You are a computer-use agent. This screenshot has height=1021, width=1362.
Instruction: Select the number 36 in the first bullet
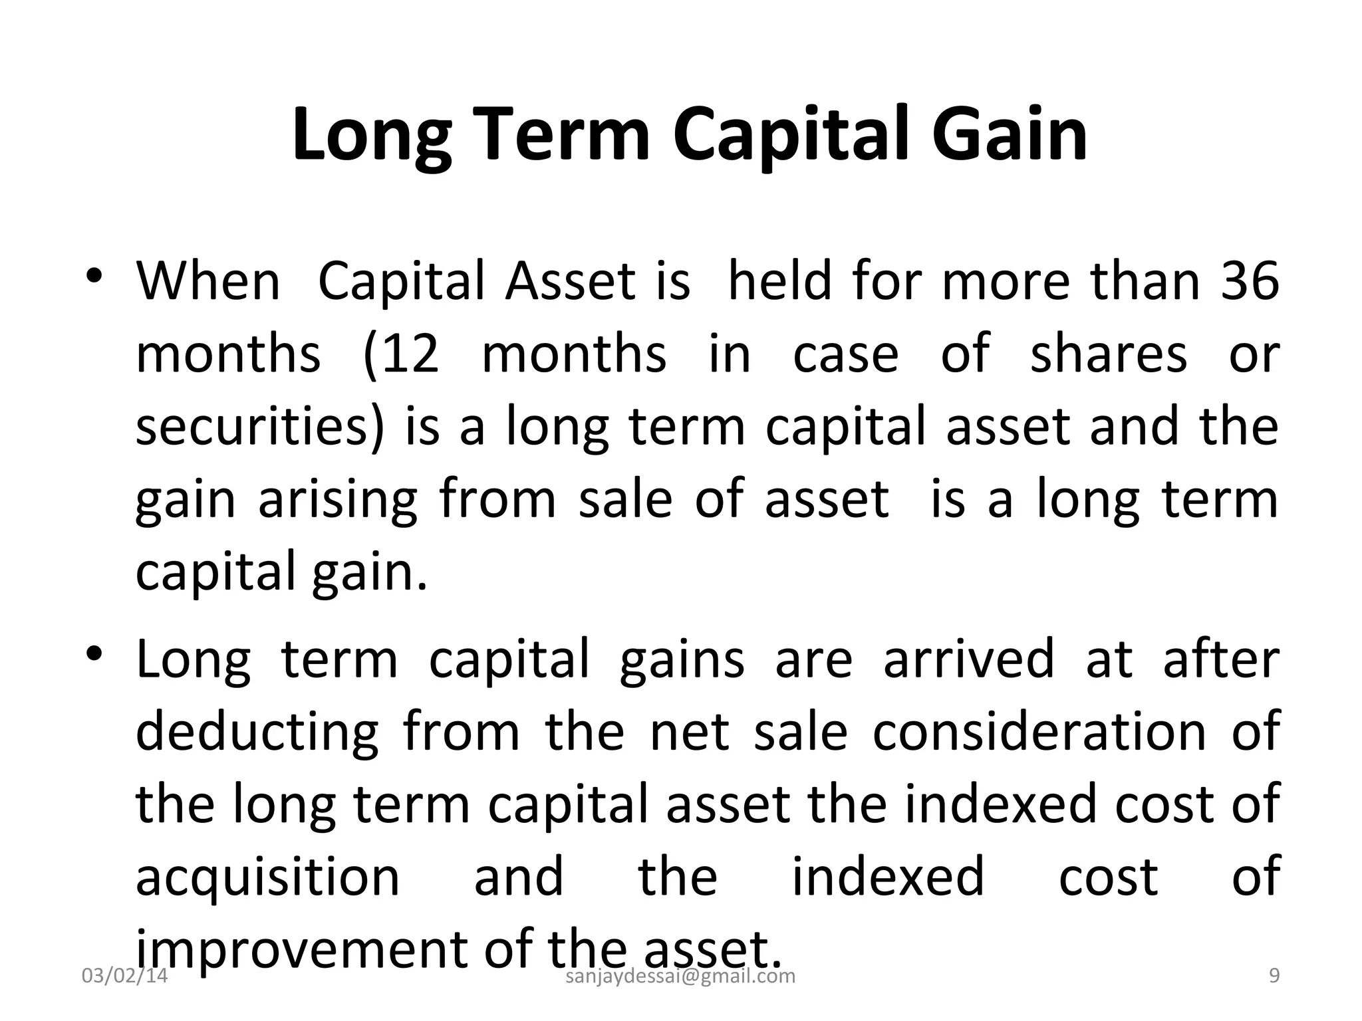[1250, 281]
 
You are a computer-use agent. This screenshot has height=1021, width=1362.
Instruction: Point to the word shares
[1108, 354]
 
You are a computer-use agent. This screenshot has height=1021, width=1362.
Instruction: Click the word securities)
[260, 427]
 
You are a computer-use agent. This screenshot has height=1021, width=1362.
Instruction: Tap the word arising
[338, 500]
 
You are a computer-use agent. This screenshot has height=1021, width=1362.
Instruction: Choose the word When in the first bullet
[208, 281]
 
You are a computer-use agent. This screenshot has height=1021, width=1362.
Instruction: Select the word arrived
[968, 659]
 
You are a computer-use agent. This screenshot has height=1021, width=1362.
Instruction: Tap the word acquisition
[267, 877]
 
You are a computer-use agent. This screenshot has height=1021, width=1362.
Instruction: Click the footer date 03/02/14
[124, 976]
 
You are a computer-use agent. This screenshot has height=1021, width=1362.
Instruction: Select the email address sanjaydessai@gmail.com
[680, 976]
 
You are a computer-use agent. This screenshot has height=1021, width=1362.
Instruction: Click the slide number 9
[1274, 976]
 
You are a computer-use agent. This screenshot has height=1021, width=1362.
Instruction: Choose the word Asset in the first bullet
[570, 281]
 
